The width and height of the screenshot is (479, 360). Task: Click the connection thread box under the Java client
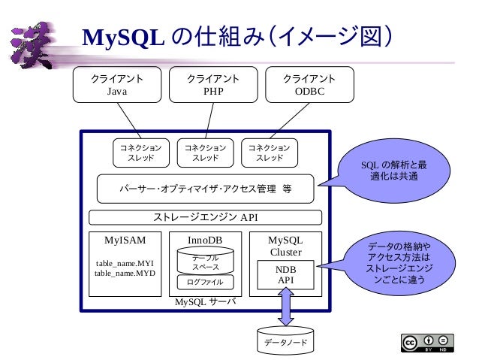click(136, 153)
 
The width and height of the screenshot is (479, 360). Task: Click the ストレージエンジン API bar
click(206, 218)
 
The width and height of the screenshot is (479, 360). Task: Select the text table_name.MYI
click(124, 263)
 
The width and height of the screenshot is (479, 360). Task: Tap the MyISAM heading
click(124, 241)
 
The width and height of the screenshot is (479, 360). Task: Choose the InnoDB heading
click(205, 241)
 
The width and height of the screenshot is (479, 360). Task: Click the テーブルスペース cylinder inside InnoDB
click(205, 262)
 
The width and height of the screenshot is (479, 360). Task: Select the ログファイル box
click(205, 283)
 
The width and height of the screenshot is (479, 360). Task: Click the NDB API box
click(285, 274)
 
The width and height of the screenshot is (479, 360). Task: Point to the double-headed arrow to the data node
click(285, 308)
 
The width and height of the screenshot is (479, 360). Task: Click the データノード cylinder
click(285, 340)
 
